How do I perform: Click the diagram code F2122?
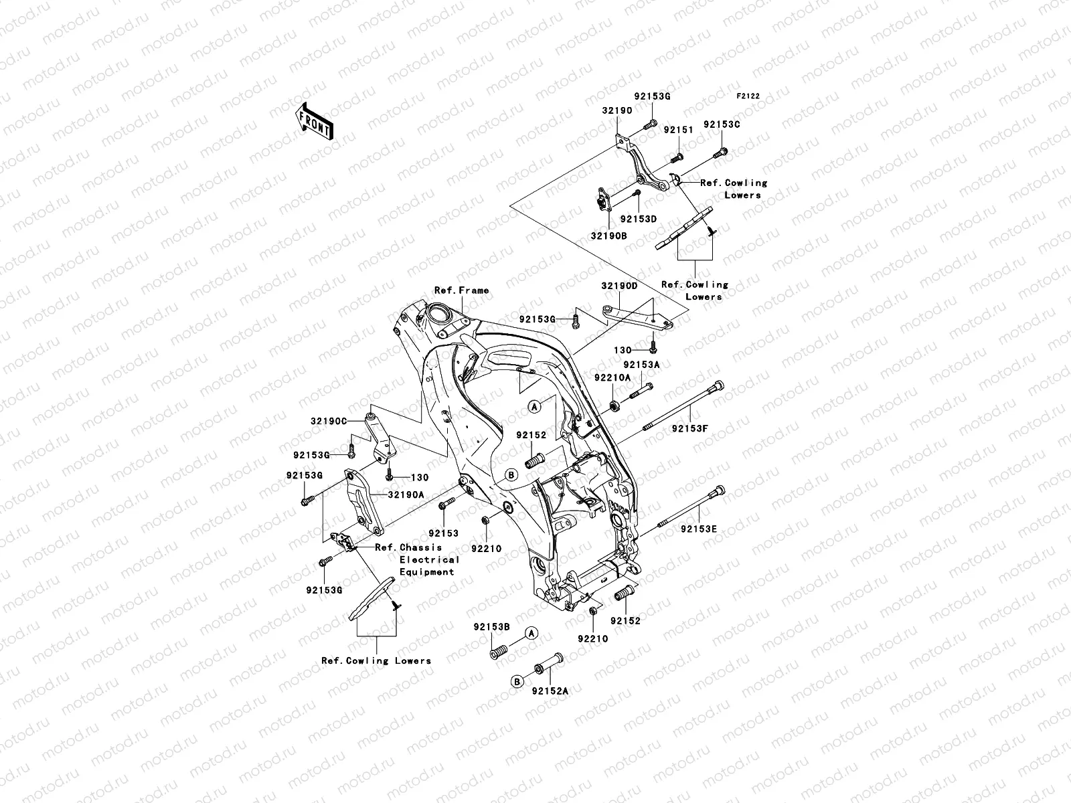click(x=749, y=96)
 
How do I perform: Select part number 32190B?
click(x=608, y=236)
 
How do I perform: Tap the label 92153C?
click(x=740, y=125)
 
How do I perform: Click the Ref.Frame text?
click(x=461, y=290)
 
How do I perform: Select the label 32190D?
click(x=619, y=286)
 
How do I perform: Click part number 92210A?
click(x=612, y=377)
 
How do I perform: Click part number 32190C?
click(x=329, y=422)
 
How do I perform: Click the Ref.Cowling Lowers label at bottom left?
click(x=376, y=660)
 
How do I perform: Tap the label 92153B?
click(x=491, y=627)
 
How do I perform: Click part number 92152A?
click(x=550, y=691)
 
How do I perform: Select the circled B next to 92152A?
click(x=517, y=681)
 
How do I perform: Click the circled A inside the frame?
click(x=533, y=406)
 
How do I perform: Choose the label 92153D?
click(x=638, y=219)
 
